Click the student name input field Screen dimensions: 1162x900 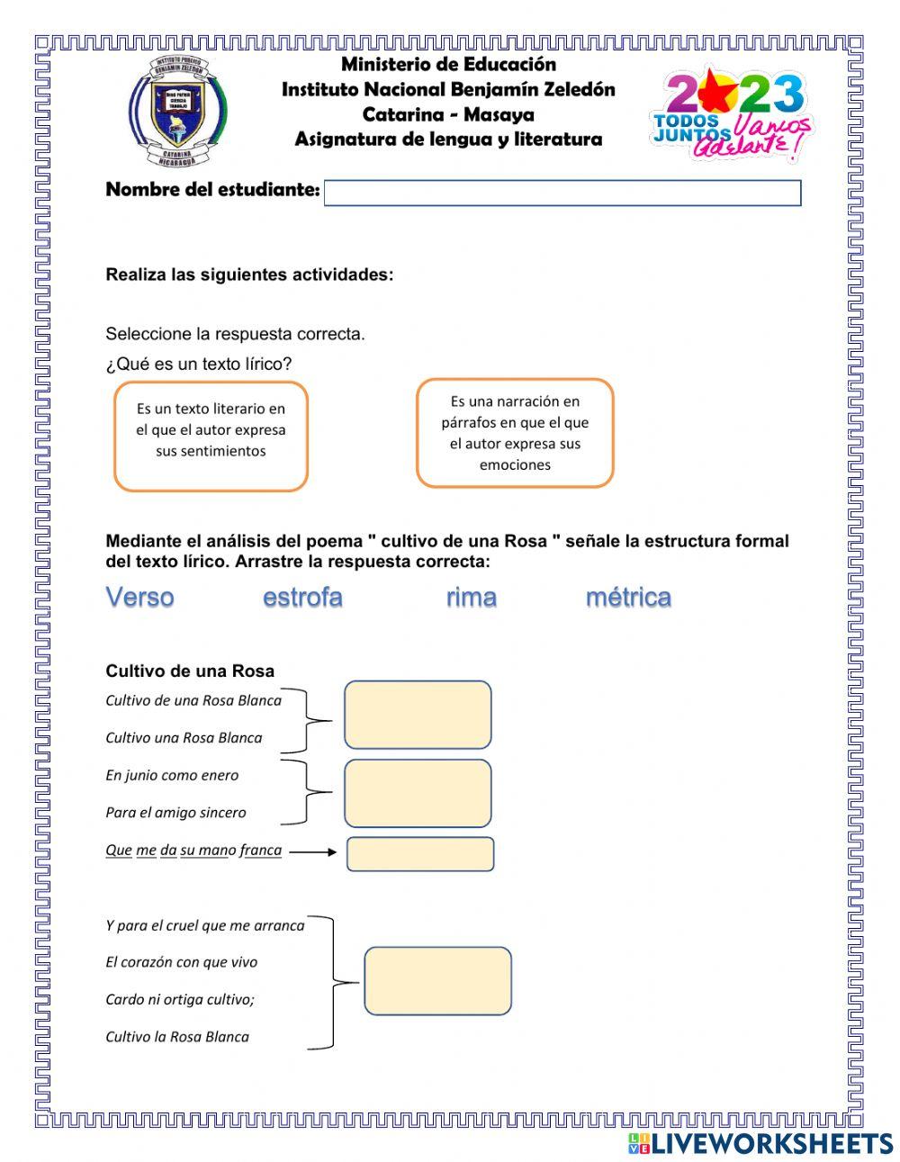(562, 194)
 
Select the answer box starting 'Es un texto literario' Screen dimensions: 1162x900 (211, 437)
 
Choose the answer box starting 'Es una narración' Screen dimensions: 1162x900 (515, 433)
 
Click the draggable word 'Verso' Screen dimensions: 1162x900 (139, 597)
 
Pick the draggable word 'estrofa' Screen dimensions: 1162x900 (302, 597)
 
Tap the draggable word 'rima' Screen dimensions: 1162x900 (471, 597)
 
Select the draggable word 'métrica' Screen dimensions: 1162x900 (628, 597)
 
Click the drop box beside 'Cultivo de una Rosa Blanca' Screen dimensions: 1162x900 (418, 715)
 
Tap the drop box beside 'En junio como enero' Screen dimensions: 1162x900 (418, 793)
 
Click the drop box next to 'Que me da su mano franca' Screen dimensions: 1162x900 (420, 854)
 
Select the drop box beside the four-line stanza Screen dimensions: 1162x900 (437, 980)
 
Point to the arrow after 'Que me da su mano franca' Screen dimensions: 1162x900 (313, 851)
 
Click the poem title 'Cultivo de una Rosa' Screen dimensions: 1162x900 (190, 671)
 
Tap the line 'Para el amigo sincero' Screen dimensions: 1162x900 (175, 813)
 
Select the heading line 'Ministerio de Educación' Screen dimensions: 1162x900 (448, 64)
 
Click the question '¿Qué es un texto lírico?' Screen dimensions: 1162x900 (199, 364)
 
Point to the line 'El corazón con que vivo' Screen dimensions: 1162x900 (181, 962)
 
